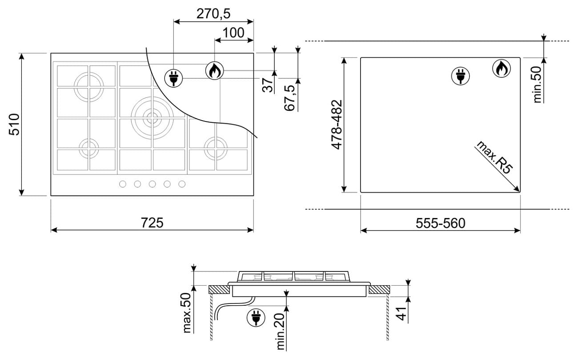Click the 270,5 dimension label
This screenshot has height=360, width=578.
point(213,14)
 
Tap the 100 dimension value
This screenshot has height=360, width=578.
point(233,33)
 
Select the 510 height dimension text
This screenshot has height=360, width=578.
point(14,124)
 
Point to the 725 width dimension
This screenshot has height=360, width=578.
point(152,222)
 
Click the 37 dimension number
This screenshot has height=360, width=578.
point(268,85)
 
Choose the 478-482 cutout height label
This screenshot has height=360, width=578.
point(337,125)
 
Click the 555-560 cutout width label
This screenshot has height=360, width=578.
point(441,223)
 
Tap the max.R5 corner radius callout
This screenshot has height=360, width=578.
point(494,157)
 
